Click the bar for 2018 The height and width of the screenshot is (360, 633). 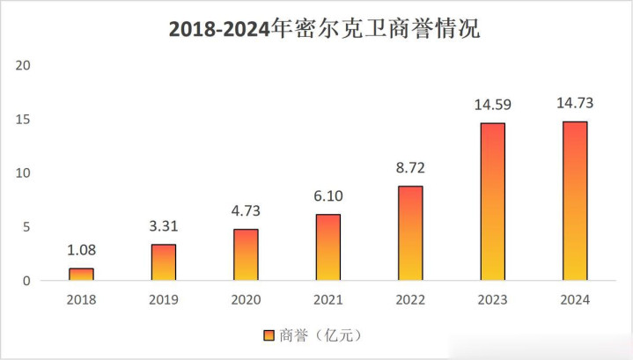pos(81,275)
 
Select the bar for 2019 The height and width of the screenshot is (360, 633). pos(163,262)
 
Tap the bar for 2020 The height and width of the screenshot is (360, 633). pos(246,255)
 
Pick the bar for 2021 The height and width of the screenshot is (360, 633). pos(328,247)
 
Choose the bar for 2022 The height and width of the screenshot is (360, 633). pos(410,233)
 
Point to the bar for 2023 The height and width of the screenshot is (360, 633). pos(492,202)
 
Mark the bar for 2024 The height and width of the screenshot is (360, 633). pos(575,201)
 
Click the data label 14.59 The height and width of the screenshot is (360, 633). pos(492,105)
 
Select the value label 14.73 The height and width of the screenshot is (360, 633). pos(575,103)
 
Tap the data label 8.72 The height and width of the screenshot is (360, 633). pos(410,167)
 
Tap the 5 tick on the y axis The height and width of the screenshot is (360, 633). pos(27,227)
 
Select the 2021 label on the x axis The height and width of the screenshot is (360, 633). pos(328,299)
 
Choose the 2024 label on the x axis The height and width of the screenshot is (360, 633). pos(575,299)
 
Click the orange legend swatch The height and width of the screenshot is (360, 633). pos(269,335)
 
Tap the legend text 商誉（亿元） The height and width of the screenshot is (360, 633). pos(322,335)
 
